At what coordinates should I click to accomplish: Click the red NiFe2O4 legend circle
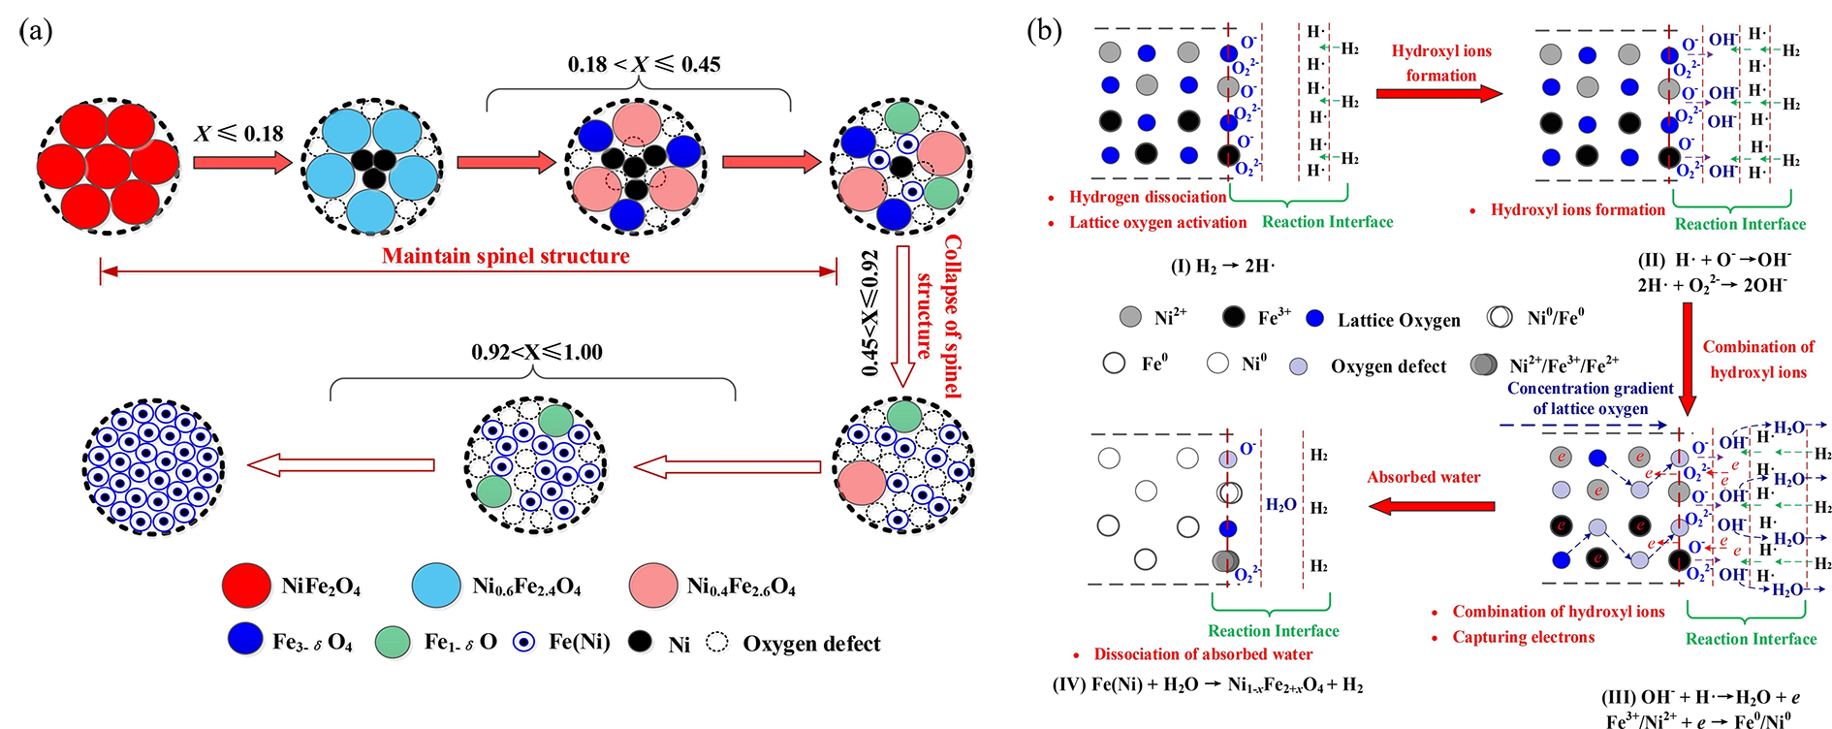(246, 586)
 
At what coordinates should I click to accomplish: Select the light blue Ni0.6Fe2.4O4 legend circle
(436, 586)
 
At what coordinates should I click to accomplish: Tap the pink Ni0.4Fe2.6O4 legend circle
(652, 586)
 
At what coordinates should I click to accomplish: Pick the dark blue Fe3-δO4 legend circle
(245, 640)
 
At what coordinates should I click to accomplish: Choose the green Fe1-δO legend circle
(394, 642)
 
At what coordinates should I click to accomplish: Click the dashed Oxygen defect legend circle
(717, 643)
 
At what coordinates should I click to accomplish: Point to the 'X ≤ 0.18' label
(238, 134)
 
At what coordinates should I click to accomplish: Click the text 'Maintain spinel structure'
(505, 256)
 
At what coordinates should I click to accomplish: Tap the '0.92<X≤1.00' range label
(537, 352)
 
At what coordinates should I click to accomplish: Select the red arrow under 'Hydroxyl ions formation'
(1438, 93)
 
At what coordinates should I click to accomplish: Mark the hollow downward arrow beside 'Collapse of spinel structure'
(903, 316)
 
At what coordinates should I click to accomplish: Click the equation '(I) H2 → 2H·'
(1222, 266)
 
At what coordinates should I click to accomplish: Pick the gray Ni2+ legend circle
(1130, 317)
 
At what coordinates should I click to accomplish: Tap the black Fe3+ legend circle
(1233, 317)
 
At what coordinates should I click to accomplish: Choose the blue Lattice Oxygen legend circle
(1315, 318)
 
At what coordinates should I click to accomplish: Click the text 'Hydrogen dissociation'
(1148, 197)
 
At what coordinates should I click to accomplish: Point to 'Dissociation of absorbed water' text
(1203, 654)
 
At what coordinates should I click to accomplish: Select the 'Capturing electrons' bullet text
(1523, 637)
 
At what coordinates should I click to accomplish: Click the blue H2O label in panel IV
(1280, 505)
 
